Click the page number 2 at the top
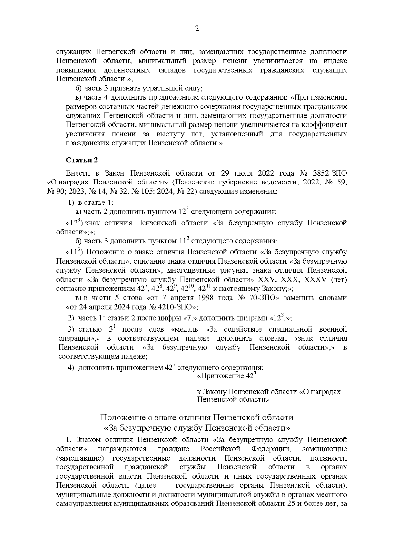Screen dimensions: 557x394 (x=197, y=29)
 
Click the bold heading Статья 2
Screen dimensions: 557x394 (x=82, y=160)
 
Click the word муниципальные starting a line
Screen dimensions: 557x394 (x=78, y=494)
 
